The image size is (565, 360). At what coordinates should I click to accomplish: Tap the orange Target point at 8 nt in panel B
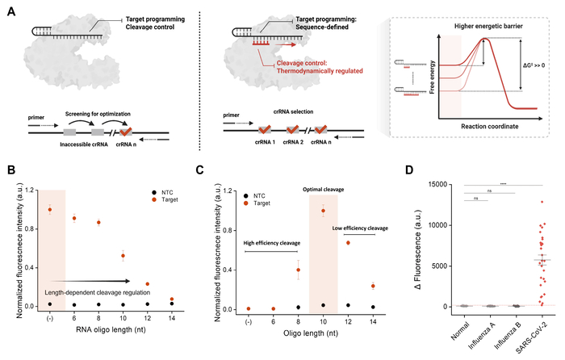tap(99, 222)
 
